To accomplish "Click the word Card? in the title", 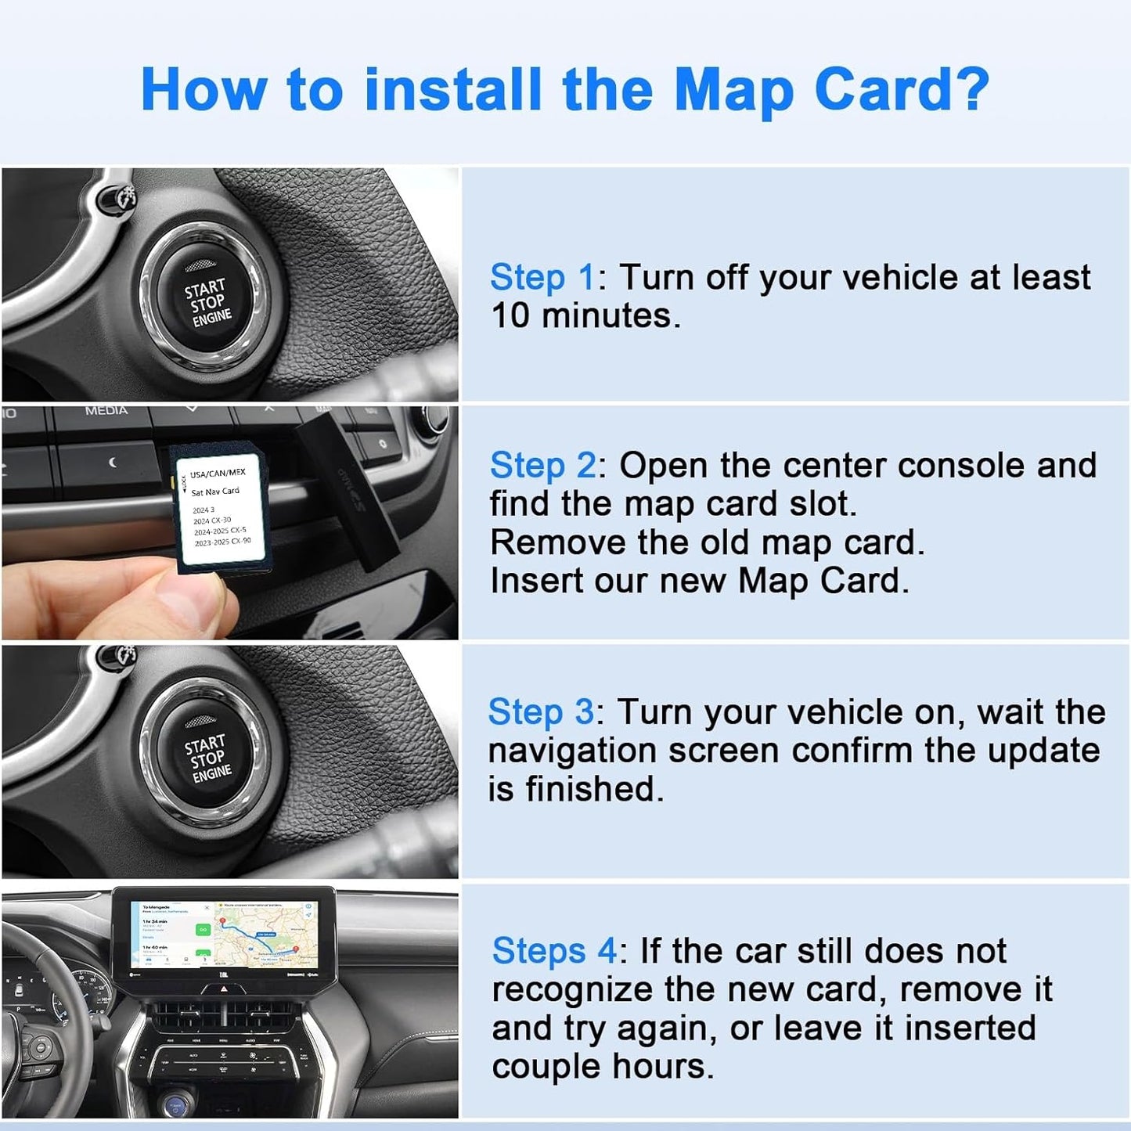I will click(x=902, y=90).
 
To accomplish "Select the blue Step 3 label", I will click(x=540, y=712).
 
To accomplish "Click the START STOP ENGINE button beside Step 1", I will click(x=207, y=301).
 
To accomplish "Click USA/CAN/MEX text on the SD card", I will click(x=218, y=474).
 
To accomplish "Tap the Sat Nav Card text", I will click(x=215, y=492).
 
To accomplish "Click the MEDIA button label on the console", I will click(x=106, y=411).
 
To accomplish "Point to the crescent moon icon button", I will click(x=113, y=463).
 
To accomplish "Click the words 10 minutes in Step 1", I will click(x=584, y=316).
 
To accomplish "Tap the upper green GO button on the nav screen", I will click(x=203, y=929).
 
